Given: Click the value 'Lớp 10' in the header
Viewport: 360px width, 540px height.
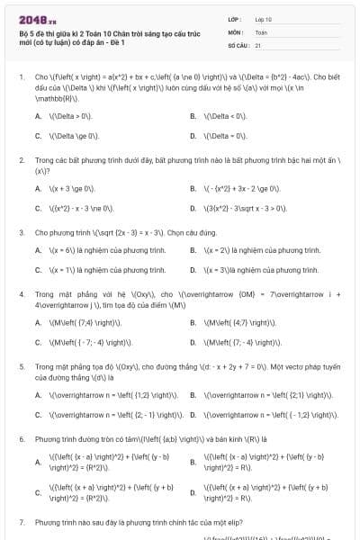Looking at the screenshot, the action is click(x=264, y=18).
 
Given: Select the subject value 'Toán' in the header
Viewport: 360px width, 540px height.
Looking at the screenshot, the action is click(x=261, y=31).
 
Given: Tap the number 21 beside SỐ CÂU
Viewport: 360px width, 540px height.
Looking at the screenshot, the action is click(x=258, y=44).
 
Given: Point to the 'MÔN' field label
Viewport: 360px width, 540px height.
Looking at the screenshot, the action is click(x=235, y=31).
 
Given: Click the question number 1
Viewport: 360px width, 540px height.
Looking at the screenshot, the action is click(x=21, y=77).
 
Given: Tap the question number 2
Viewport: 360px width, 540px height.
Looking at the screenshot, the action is click(x=21, y=159).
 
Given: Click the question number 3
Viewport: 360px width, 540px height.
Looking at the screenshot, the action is click(x=21, y=231).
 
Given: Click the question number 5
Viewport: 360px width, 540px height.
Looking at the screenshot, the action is click(x=21, y=366).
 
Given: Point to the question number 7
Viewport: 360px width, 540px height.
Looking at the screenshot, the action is click(x=21, y=522).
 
